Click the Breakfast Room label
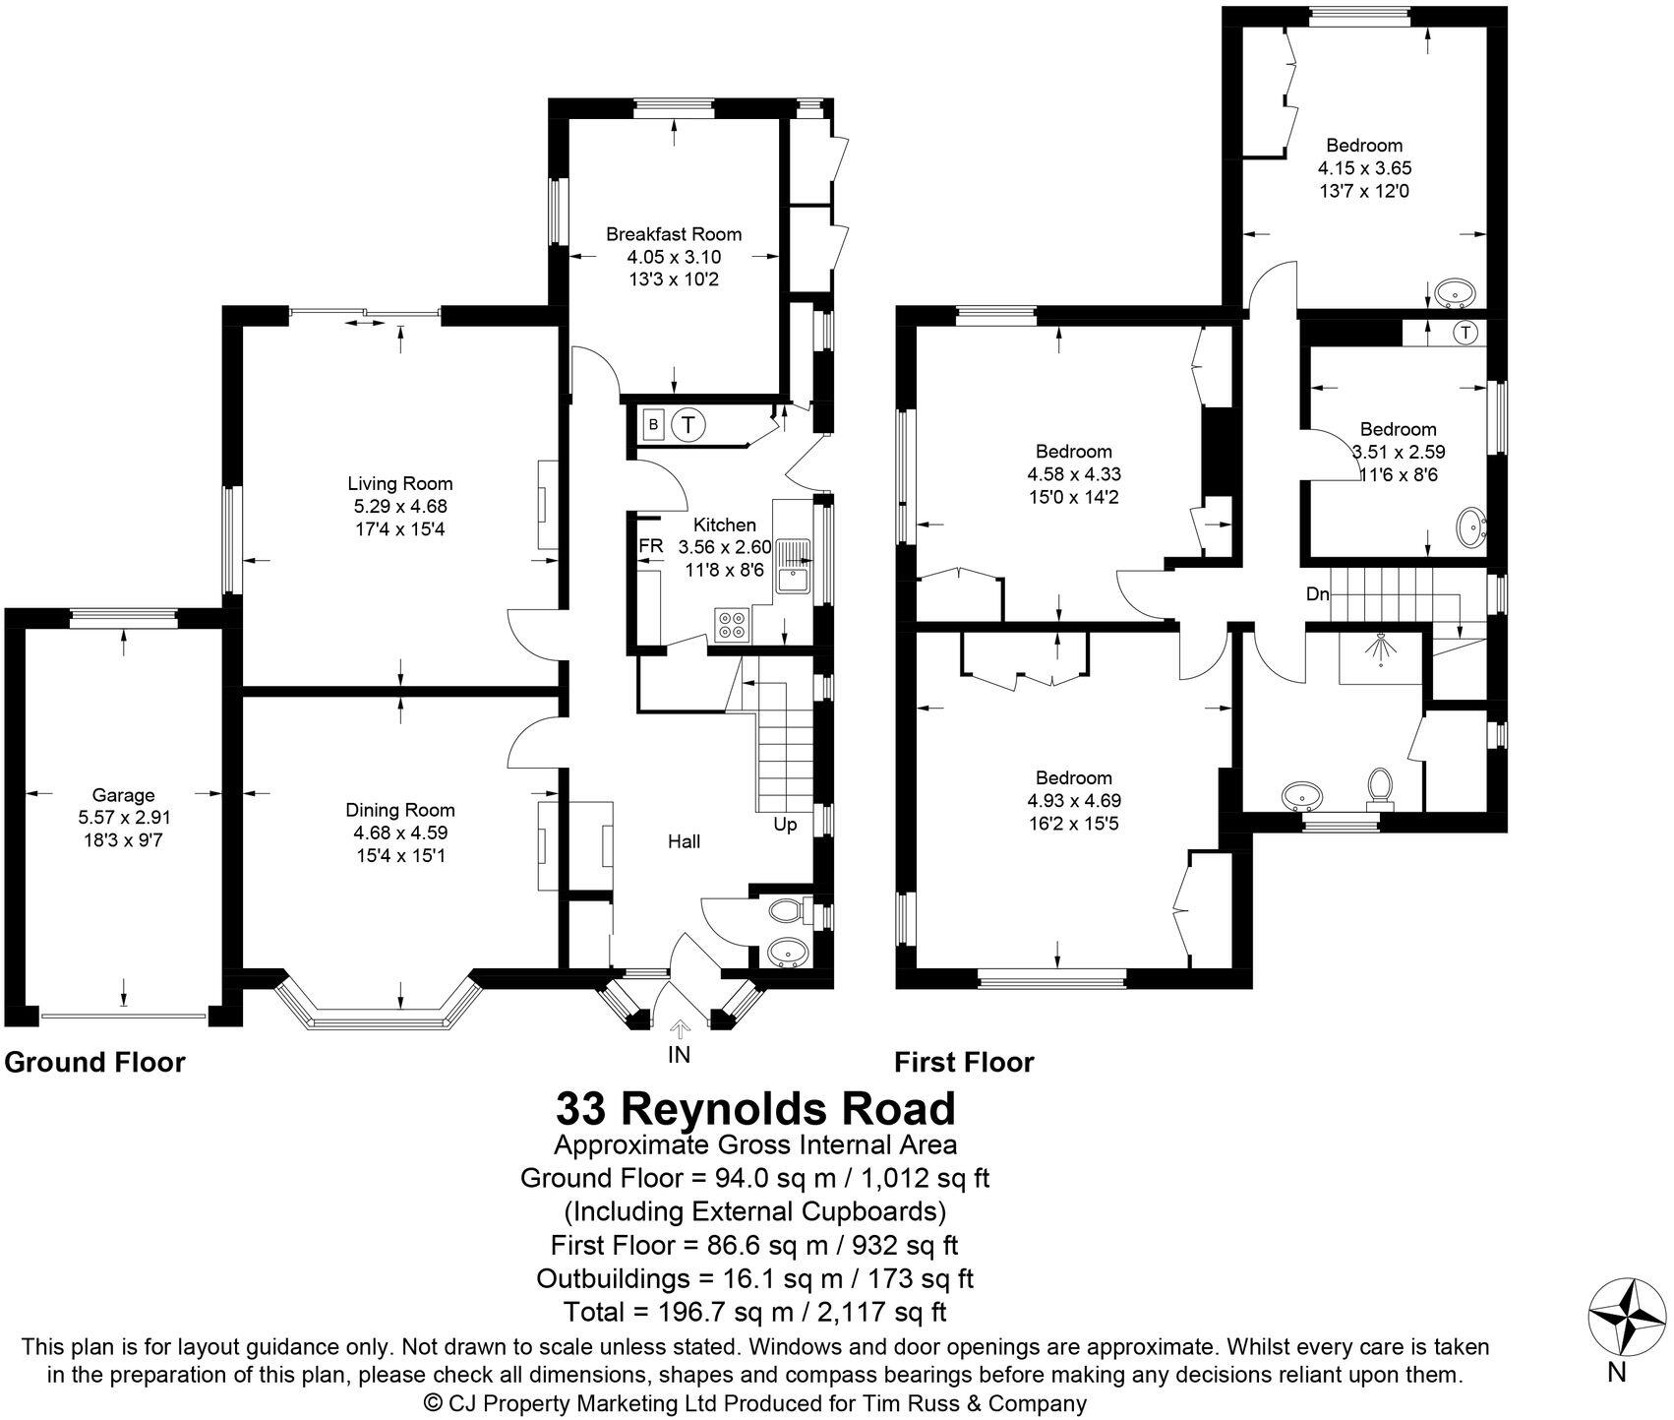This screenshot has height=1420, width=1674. click(674, 234)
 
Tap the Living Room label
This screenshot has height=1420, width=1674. click(400, 483)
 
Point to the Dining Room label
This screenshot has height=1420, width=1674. click(400, 810)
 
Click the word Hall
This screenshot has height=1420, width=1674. click(685, 841)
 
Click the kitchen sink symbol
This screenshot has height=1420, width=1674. click(792, 566)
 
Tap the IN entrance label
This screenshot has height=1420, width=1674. click(679, 1055)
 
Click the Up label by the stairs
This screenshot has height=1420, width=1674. click(785, 825)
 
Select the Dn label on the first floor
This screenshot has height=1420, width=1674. click(1318, 594)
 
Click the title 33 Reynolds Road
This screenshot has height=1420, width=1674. click(755, 1108)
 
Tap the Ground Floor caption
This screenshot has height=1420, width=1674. click(95, 1063)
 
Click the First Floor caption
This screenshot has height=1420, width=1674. click(964, 1063)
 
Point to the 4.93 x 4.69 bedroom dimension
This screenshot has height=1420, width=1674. click(1074, 800)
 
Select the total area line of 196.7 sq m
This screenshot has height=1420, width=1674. click(755, 1312)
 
